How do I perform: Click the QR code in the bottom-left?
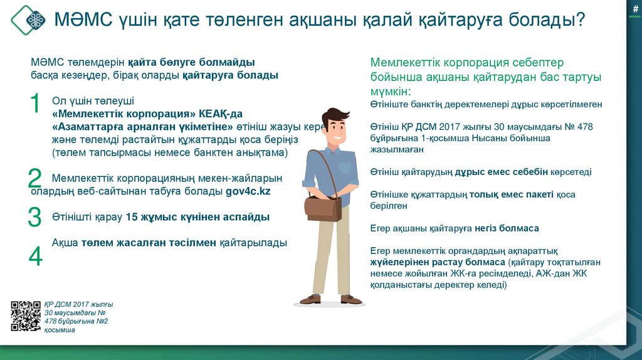coord(26,315)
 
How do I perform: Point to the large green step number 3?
coord(34,217)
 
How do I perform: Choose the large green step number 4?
coord(35,256)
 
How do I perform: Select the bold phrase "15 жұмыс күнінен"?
coord(166,217)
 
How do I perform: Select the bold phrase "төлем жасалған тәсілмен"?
coord(149,242)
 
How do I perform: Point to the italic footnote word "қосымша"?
coord(60,329)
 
